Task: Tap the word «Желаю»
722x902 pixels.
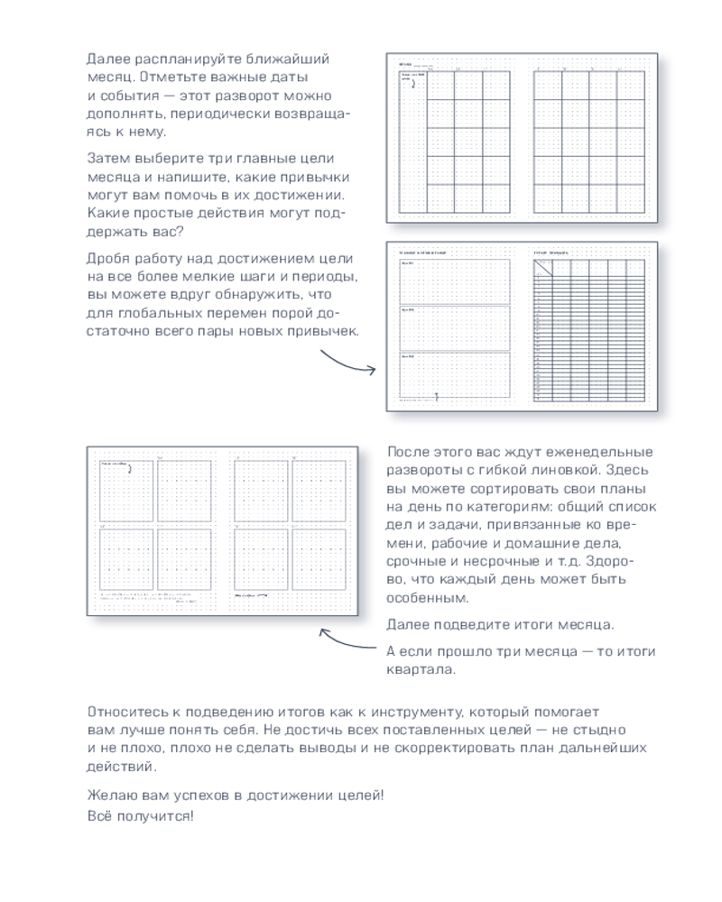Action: (110, 796)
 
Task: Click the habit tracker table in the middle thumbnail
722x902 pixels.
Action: (590, 330)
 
